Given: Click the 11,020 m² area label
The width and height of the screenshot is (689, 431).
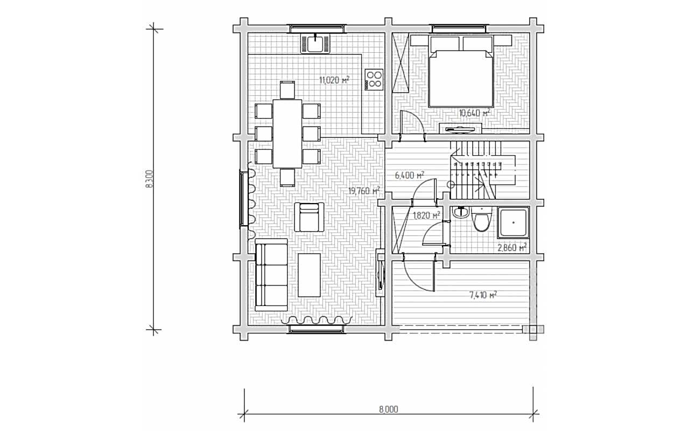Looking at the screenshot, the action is pyautogui.click(x=334, y=80).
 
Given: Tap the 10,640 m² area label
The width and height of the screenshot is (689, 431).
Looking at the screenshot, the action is pyautogui.click(x=474, y=113).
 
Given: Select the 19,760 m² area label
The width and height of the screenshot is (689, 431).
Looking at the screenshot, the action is pyautogui.click(x=364, y=191).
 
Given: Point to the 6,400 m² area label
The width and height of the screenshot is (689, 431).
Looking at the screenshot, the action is pyautogui.click(x=410, y=176).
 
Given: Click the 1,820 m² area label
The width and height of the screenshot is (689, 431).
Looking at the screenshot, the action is pyautogui.click(x=426, y=215).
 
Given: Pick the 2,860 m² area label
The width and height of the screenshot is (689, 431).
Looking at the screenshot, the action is pyautogui.click(x=512, y=247).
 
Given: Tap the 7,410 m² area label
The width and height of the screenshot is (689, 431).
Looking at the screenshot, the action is pyautogui.click(x=483, y=295).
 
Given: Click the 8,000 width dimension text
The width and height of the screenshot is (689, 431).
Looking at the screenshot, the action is pyautogui.click(x=389, y=409).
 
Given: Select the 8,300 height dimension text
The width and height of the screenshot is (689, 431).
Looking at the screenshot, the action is pyautogui.click(x=150, y=179).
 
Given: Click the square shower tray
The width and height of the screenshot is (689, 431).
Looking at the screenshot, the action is pyautogui.click(x=513, y=223).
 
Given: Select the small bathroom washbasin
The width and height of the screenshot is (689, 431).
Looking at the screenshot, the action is pyautogui.click(x=460, y=212).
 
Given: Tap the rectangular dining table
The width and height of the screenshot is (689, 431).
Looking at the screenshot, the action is pyautogui.click(x=287, y=134).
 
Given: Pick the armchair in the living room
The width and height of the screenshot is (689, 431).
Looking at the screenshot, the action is pyautogui.click(x=309, y=217).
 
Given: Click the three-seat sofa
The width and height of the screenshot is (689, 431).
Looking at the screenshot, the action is pyautogui.click(x=271, y=275).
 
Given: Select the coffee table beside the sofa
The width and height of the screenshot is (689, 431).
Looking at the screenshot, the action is pyautogui.click(x=309, y=275).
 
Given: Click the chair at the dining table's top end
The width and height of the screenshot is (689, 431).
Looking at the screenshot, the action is pyautogui.click(x=287, y=90).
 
